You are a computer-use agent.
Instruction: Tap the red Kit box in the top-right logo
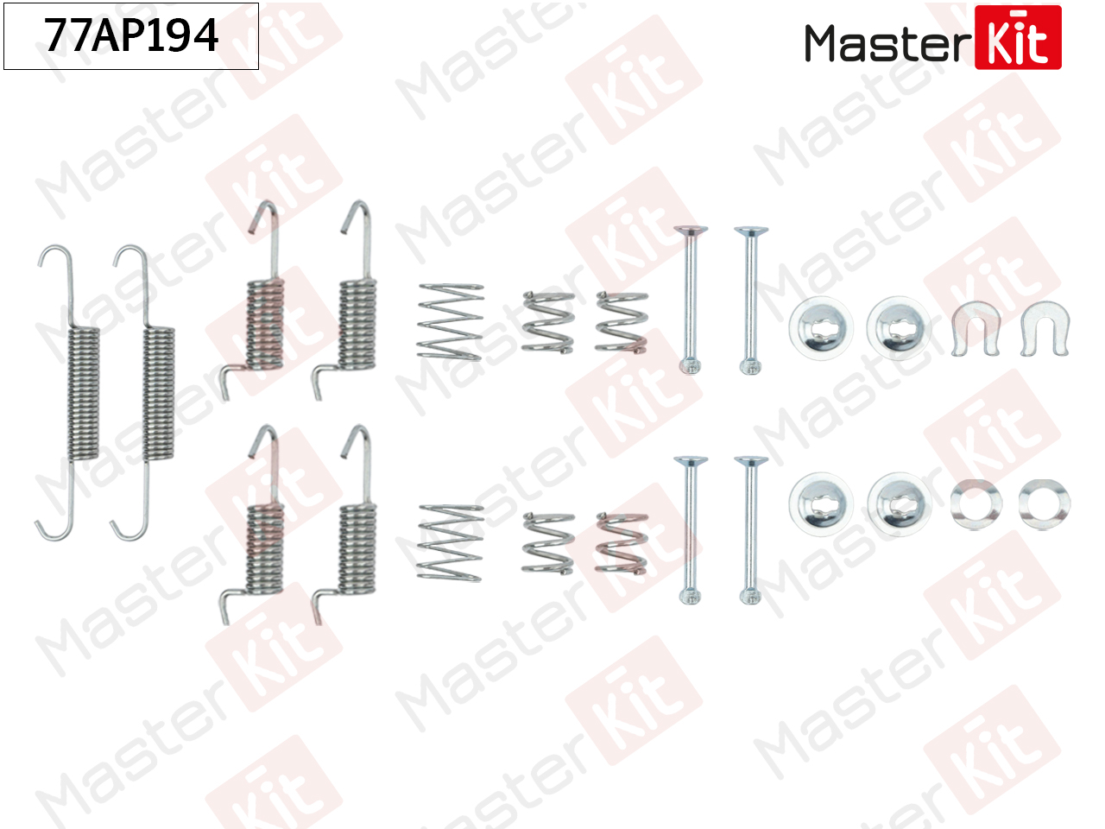click(1018, 37)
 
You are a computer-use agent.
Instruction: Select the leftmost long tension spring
click(68, 393)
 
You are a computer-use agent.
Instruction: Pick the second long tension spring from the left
click(143, 393)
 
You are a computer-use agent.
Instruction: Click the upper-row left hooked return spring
click(252, 301)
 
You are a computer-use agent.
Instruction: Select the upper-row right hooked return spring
click(344, 301)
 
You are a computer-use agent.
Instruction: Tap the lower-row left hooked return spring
click(252, 525)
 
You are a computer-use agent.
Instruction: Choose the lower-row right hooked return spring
click(344, 525)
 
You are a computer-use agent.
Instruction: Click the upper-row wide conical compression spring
click(450, 322)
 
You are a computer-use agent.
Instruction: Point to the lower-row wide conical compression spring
click(450, 543)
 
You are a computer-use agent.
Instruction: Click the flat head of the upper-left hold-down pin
click(690, 231)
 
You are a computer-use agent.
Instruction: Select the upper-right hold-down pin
click(750, 301)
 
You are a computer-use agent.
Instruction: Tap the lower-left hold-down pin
click(690, 530)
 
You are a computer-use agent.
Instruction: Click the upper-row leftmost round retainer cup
click(821, 328)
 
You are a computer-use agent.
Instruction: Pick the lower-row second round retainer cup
click(899, 504)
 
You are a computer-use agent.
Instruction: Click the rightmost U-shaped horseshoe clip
click(1045, 329)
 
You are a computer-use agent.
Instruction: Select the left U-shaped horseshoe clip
click(976, 329)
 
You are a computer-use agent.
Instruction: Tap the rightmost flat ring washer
click(1045, 504)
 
